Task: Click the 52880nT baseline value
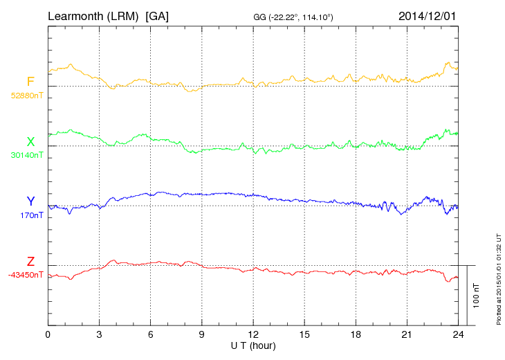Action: coord(26,96)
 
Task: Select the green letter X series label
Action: coord(30,142)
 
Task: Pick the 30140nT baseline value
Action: coord(26,155)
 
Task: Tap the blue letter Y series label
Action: coord(30,201)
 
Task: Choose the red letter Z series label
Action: coord(30,262)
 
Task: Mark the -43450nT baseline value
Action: coord(26,275)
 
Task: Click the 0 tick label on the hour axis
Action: coord(48,335)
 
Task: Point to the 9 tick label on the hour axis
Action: coord(201,335)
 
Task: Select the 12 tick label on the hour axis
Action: coord(253,335)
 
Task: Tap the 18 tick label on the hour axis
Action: coord(356,335)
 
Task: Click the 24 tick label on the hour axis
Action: coord(458,335)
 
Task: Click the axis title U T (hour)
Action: coord(253,345)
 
